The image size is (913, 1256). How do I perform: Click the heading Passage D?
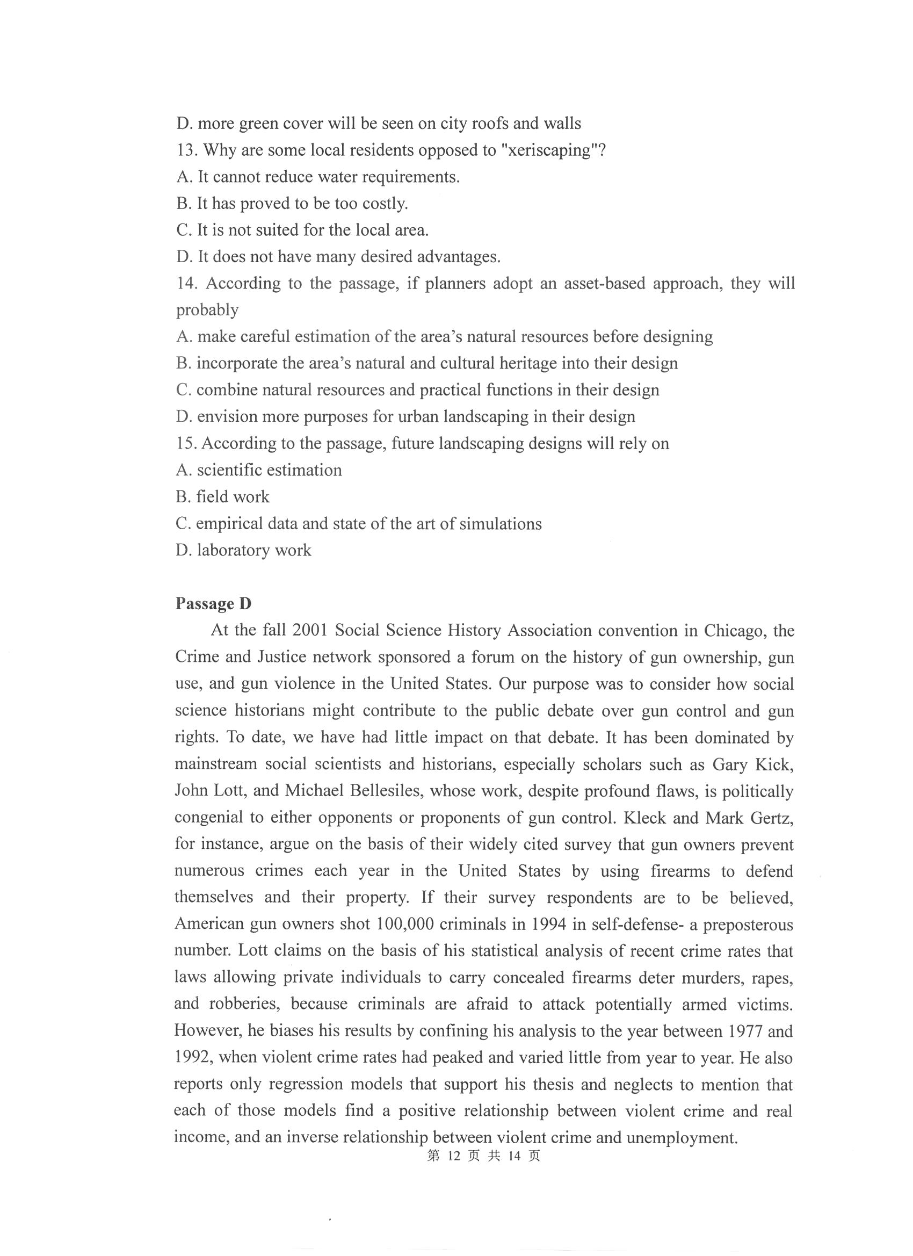click(213, 604)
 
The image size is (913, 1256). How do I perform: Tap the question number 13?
click(187, 150)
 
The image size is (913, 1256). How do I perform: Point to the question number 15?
click(186, 444)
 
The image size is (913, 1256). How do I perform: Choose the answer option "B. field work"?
click(222, 497)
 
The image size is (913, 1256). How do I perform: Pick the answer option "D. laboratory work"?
click(243, 551)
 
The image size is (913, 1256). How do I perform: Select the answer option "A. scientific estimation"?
click(258, 470)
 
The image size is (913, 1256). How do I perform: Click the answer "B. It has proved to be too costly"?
click(292, 204)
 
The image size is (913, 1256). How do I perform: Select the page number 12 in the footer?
click(452, 1156)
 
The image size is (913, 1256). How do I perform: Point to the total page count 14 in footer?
click(515, 1156)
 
